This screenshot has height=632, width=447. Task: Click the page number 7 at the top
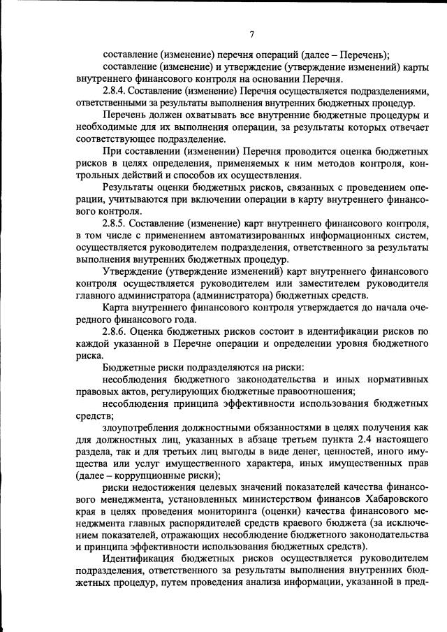tap(251, 34)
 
